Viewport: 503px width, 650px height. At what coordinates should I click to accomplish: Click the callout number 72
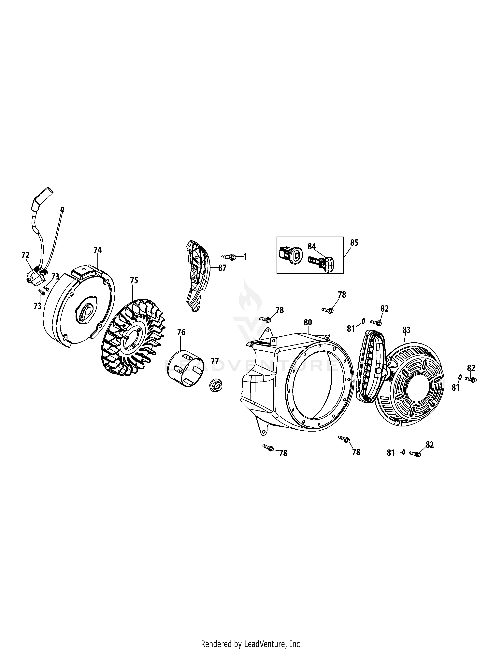25,255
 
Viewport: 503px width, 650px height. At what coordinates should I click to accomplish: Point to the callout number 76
181,332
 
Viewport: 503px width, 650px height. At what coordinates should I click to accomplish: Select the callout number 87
222,268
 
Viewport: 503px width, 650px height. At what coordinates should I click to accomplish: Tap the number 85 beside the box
354,243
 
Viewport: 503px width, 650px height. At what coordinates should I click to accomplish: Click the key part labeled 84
321,262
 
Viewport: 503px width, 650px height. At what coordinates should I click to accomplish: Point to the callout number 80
308,322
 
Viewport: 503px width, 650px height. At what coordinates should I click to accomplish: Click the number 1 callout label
245,256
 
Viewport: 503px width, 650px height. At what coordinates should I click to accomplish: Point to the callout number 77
215,362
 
